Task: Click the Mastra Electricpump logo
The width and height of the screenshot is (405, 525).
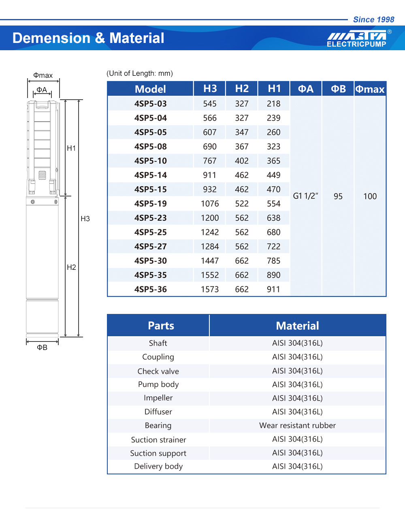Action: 357,38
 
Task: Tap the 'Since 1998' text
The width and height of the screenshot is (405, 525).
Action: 373,19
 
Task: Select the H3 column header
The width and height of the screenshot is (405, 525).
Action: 210,89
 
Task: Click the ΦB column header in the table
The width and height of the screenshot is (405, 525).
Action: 338,89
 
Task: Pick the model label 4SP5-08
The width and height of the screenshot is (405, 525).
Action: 151,147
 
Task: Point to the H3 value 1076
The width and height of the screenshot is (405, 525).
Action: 210,204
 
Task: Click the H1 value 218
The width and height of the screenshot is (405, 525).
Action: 273,104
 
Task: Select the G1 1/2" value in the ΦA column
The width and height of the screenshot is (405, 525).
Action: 305,196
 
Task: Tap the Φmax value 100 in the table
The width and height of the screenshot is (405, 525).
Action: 370,196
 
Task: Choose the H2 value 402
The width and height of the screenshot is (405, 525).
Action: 242,161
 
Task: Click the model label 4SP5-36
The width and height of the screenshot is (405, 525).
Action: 151,289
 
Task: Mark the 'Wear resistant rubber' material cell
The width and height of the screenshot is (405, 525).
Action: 297,425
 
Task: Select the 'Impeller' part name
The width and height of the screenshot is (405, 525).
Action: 158,398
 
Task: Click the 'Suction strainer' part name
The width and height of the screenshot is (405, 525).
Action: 158,440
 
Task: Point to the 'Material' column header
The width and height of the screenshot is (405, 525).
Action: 297,326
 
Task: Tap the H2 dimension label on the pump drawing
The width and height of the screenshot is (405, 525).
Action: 71,267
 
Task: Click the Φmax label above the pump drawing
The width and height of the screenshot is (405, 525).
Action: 43,75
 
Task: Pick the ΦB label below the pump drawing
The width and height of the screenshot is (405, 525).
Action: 42,348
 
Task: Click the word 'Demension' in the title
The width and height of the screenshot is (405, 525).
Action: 51,38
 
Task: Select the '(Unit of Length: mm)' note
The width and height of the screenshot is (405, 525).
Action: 140,73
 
